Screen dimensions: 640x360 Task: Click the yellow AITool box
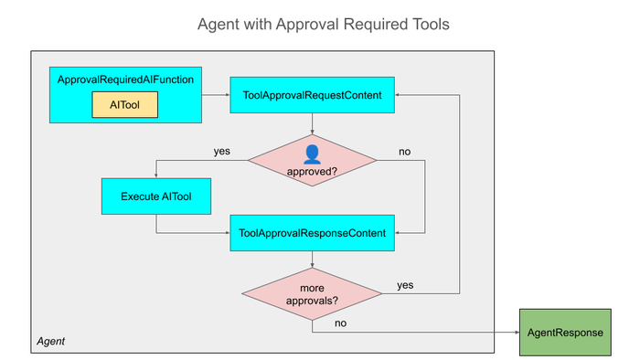(125, 105)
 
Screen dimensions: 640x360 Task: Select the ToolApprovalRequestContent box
(313, 95)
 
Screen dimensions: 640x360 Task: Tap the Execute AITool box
(156, 196)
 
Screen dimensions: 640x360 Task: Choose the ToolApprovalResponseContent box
(313, 233)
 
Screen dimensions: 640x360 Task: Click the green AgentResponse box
(565, 333)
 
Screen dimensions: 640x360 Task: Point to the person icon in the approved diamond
(313, 154)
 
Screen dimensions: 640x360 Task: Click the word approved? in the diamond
(313, 172)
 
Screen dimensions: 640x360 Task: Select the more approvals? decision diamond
(313, 294)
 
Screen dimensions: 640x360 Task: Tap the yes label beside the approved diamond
(222, 152)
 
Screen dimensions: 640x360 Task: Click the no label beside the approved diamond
(404, 152)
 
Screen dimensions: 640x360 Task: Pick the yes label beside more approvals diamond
(405, 285)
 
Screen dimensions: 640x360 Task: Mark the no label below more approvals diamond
(340, 323)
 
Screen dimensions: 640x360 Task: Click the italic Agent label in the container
(51, 341)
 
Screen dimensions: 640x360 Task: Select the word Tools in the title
(431, 24)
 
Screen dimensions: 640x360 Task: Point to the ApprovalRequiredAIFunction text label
(126, 79)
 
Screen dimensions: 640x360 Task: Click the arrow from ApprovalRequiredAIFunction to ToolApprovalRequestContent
(216, 95)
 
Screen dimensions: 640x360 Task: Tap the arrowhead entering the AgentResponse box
(517, 333)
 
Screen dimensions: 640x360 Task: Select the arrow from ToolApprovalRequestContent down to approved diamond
(313, 124)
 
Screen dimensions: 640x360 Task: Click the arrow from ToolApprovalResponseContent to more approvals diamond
(313, 259)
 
